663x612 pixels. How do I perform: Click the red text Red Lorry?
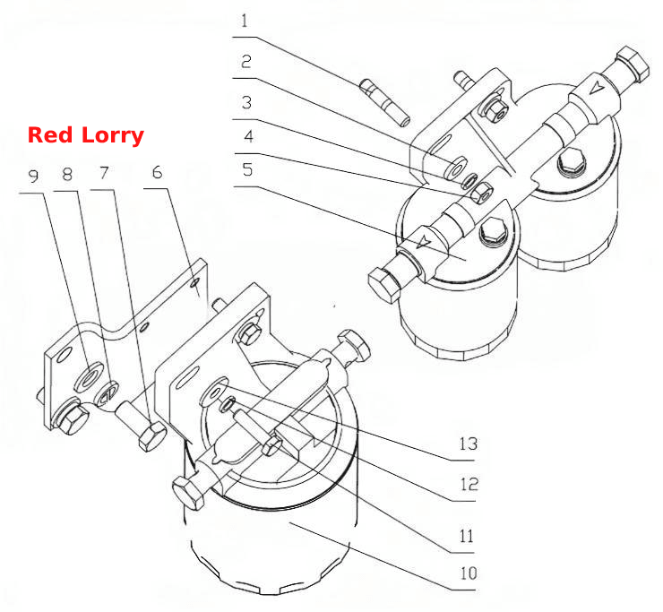click(86, 135)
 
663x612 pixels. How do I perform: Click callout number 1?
click(245, 21)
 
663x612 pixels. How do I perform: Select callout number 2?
click(246, 62)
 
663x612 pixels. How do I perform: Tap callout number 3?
click(247, 102)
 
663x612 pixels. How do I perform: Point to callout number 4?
click(249, 136)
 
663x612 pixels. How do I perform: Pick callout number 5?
click(248, 169)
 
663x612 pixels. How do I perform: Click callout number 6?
click(158, 172)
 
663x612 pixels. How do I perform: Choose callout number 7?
click(104, 173)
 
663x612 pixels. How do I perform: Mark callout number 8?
click(67, 174)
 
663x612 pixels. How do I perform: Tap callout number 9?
click(33, 176)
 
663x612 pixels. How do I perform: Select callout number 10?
click(469, 573)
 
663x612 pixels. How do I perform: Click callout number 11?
click(467, 537)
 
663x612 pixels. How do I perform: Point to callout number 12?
click(469, 484)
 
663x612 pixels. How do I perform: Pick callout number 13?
click(469, 444)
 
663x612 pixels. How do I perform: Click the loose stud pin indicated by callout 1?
click(384, 102)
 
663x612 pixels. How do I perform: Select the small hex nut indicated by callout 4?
click(482, 193)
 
